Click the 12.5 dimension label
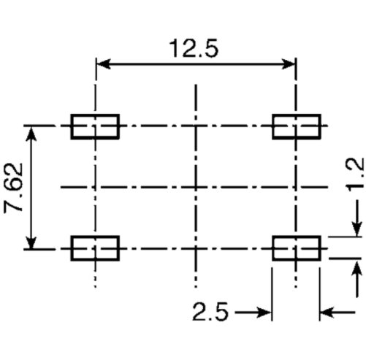pos(194,49)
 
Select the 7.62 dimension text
pos(13,188)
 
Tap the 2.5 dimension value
pos(210,311)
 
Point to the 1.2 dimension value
pos(355,175)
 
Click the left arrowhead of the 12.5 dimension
pos(104,64)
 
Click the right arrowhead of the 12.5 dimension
pos(288,64)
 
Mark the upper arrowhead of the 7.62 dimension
pos(31,134)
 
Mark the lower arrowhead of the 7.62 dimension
pos(31,241)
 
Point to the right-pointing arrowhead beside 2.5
pos(264,313)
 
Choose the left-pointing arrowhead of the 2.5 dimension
pos(327,313)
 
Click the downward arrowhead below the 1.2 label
pos(357,229)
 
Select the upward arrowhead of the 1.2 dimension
pos(357,268)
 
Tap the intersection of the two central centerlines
pos(196,187)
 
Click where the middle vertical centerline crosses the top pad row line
pos(196,126)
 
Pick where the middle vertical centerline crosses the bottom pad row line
pos(196,248)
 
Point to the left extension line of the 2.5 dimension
pos(272,294)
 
